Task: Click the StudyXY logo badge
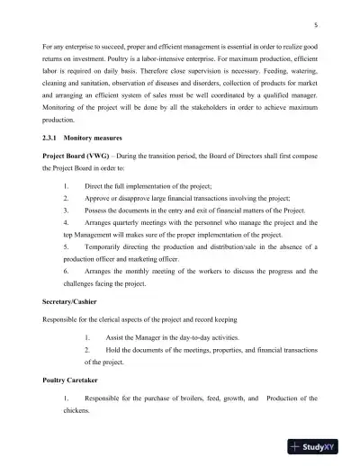(320, 447)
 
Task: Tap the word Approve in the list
(100, 207)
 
